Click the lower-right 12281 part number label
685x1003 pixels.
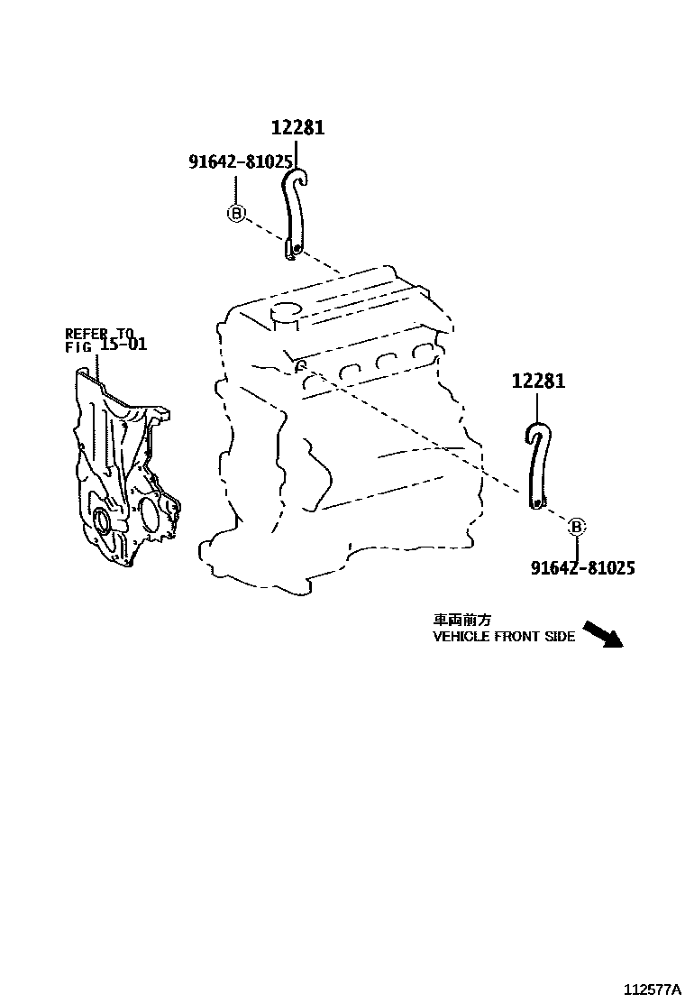[x=539, y=382]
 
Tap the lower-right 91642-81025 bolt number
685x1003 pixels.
[x=582, y=567]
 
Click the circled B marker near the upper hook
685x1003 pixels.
[x=236, y=214]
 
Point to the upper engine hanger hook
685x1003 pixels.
[x=293, y=212]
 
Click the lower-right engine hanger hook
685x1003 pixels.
[x=536, y=465]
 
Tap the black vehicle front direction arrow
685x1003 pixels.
[x=603, y=633]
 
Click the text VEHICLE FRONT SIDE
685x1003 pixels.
[x=504, y=637]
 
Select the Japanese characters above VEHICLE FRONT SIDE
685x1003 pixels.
[x=462, y=621]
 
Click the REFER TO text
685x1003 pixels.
[x=99, y=332]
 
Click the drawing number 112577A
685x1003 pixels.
[x=648, y=988]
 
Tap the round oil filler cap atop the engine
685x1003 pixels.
[x=287, y=312]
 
